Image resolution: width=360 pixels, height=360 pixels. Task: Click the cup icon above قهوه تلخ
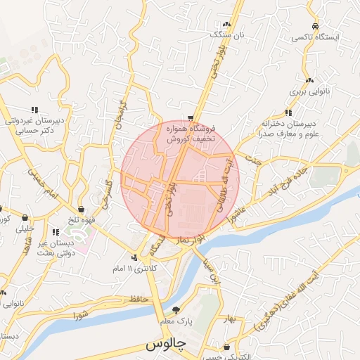pyautogui.click(x=82, y=209)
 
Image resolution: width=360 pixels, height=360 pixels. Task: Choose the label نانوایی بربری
pyautogui.click(x=306, y=92)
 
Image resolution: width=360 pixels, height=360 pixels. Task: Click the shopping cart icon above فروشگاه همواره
pyautogui.click(x=191, y=117)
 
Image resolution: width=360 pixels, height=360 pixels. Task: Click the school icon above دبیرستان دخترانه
pyautogui.click(x=288, y=112)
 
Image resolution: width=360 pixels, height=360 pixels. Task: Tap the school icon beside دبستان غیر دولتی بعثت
pyautogui.click(x=56, y=232)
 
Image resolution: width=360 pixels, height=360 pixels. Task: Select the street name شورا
pyautogui.click(x=79, y=313)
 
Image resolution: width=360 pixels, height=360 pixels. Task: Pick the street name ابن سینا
pyautogui.click(x=212, y=272)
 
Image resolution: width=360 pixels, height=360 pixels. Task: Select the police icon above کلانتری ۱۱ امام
pyautogui.click(x=134, y=257)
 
